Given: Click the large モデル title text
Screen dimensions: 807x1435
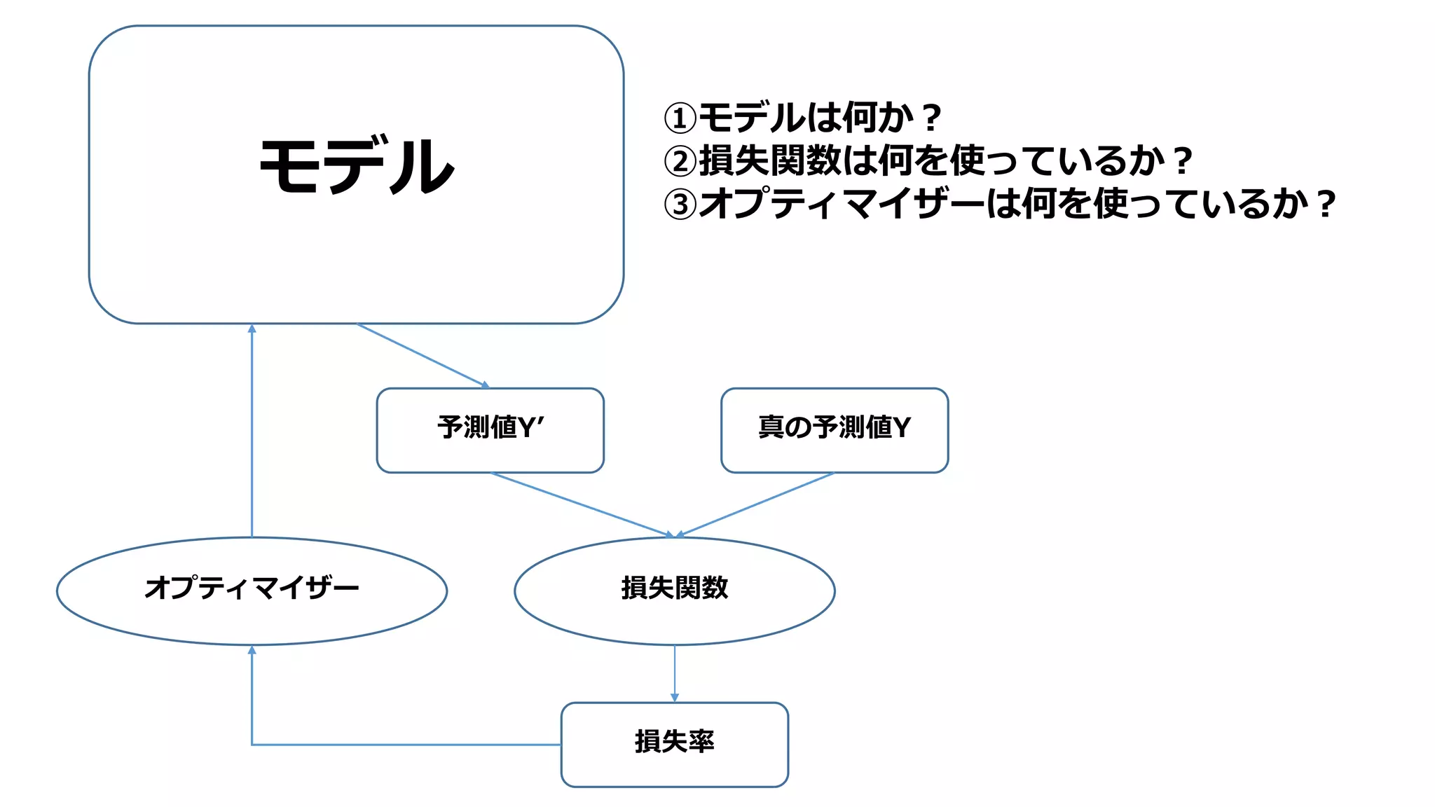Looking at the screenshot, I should pyautogui.click(x=357, y=166).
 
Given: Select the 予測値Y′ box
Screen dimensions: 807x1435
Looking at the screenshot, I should pyautogui.click(x=490, y=429).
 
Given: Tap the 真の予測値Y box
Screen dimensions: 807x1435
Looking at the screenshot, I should pyautogui.click(x=834, y=429).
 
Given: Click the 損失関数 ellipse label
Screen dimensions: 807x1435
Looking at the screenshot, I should pyautogui.click(x=674, y=588).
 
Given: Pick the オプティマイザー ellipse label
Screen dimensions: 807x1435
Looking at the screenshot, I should pyautogui.click(x=252, y=588).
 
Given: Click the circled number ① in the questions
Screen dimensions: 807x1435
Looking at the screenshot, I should pyautogui.click(x=680, y=118).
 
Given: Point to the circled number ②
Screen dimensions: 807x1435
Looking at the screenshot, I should pyautogui.click(x=680, y=162).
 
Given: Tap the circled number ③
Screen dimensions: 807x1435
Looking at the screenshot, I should pyautogui.click(x=680, y=205).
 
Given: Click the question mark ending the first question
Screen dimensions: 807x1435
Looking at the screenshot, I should pyautogui.click(x=931, y=118).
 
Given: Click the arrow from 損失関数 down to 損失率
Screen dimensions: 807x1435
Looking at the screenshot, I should pyautogui.click(x=674, y=672).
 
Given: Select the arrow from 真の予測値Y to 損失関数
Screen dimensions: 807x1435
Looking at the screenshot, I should pyautogui.click(x=757, y=504).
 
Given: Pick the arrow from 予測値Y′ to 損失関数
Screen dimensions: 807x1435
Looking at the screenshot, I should pyautogui.click(x=582, y=504).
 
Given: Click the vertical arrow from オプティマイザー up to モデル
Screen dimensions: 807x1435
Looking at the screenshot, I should pyautogui.click(x=252, y=431).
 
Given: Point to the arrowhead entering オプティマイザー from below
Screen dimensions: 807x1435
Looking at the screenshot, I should pyautogui.click(x=252, y=651).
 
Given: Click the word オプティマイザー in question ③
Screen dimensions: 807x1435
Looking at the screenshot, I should pyautogui.click(x=841, y=205).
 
